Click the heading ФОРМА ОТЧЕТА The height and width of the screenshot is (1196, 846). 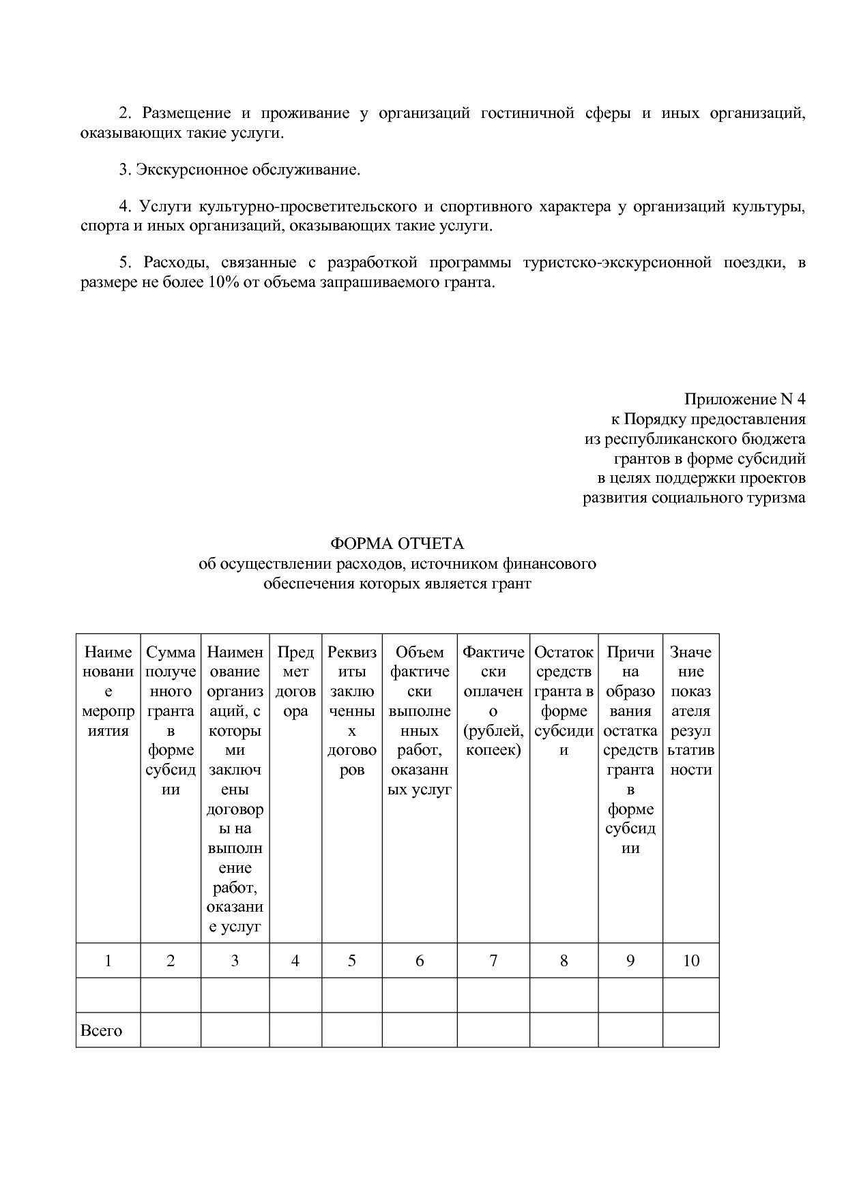pos(397,543)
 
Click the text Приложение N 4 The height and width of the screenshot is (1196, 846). pos(744,399)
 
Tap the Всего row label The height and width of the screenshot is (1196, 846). pos(101,1030)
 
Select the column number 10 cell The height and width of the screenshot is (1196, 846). pos(690,961)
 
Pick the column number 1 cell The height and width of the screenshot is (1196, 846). pos(108,961)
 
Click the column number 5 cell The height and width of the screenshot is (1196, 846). pos(351,961)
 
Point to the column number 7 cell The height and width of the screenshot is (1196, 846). pos(493,961)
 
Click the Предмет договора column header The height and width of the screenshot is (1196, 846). pos(295,682)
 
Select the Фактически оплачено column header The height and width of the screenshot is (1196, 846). pos(493,701)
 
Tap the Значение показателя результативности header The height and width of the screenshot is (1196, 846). pos(690,711)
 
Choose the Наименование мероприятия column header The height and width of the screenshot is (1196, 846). pos(108,691)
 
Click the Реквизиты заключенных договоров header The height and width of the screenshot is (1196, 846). pos(351,711)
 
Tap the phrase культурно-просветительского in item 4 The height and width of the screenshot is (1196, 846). pos(307,207)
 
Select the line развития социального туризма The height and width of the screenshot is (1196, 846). pos(693,497)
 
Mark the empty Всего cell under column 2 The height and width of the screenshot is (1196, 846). pos(171,1030)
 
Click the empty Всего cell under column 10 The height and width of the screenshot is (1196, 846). pos(690,1030)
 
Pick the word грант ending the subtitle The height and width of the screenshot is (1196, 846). pos(512,584)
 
